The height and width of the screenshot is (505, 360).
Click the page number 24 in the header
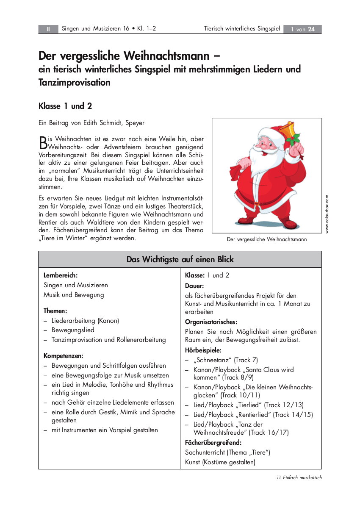(311, 29)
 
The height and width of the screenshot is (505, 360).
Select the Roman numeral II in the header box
(49, 29)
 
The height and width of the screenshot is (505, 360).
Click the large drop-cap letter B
(42, 142)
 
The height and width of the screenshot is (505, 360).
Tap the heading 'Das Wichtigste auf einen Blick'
(180, 259)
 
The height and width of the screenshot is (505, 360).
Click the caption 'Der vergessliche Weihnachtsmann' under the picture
(267, 239)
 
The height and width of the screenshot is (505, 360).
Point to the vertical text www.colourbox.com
(327, 214)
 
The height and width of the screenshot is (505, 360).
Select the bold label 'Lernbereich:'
(61, 275)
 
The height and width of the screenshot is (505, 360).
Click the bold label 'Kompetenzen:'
(64, 355)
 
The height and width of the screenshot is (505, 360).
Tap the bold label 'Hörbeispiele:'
(203, 350)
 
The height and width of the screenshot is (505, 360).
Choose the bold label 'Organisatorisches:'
(211, 322)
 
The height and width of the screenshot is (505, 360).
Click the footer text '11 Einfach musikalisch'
(299, 477)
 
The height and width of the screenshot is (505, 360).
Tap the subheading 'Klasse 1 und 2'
(65, 106)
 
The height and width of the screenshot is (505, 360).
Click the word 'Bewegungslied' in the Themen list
(73, 330)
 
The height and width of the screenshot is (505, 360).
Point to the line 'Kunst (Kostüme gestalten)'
(220, 462)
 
